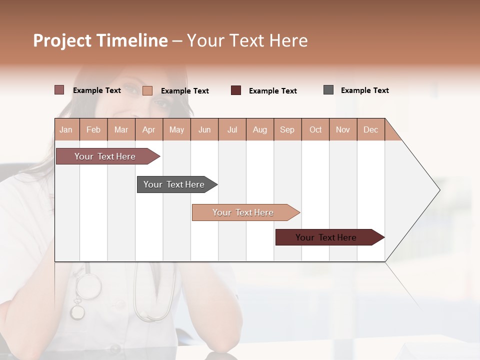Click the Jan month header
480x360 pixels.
coord(66,129)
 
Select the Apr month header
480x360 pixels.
coord(148,129)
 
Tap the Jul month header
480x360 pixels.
coord(232,129)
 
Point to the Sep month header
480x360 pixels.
coord(287,129)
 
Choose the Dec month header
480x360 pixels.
coord(370,129)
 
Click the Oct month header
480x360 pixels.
coord(315,129)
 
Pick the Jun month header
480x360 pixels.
coord(204,129)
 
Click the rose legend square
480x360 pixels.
coord(59,90)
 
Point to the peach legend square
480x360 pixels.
coord(147,90)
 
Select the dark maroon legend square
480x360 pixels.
coord(236,90)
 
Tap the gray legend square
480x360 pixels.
coord(328,90)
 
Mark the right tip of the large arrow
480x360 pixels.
coord(439,190)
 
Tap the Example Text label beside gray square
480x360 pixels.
coord(364,90)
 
